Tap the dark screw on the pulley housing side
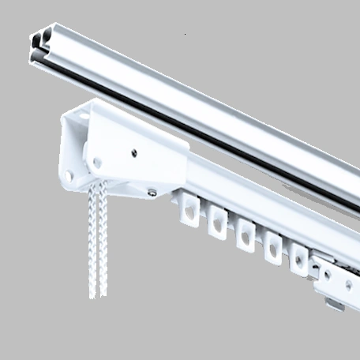(133, 152)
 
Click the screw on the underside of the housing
(150, 190)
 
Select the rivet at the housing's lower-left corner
(69, 176)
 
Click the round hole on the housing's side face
(97, 162)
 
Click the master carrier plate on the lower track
(336, 276)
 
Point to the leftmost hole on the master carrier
(324, 273)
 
